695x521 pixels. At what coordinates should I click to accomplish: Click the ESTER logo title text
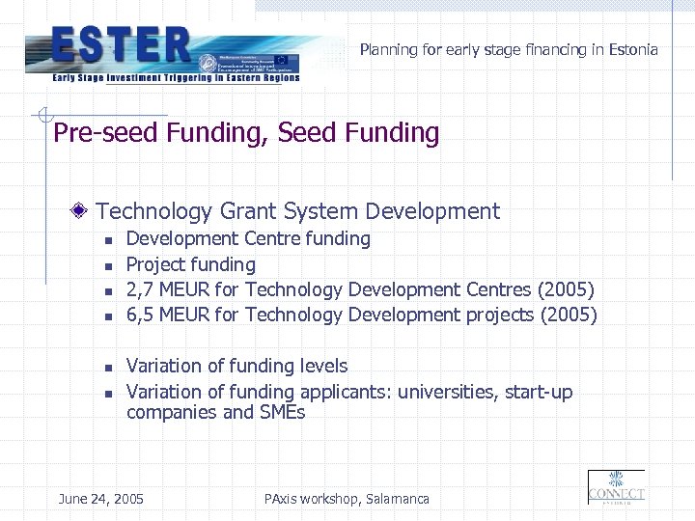tap(122, 44)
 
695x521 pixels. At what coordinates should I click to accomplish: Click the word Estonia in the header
tap(633, 49)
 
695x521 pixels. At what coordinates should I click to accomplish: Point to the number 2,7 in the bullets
tap(141, 289)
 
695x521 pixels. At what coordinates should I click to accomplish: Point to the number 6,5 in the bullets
tap(141, 315)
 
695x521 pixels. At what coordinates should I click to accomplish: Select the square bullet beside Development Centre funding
tap(109, 239)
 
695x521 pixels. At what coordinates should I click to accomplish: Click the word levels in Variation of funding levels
tap(322, 366)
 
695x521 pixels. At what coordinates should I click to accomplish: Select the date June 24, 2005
tap(100, 499)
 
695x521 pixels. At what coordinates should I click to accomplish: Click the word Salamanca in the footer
tap(397, 499)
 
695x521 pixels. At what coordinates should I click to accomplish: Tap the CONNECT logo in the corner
tap(616, 487)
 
